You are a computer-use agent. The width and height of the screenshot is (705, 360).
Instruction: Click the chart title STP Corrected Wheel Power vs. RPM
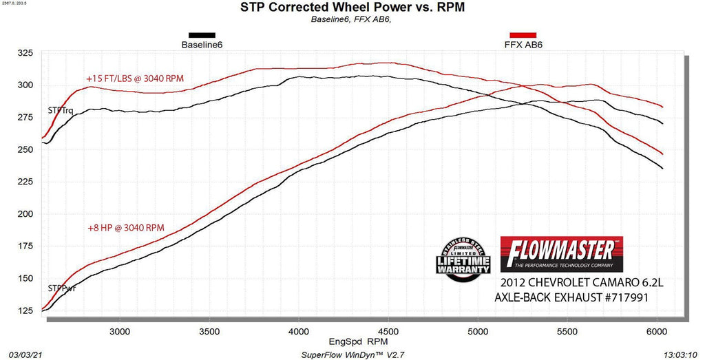(x=352, y=8)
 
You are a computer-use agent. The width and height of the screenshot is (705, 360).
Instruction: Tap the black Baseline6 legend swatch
(x=202, y=35)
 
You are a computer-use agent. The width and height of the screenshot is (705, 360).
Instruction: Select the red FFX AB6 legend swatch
(x=523, y=35)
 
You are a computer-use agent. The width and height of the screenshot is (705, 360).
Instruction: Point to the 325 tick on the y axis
(x=27, y=53)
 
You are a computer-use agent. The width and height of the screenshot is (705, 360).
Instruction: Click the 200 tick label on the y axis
(x=27, y=214)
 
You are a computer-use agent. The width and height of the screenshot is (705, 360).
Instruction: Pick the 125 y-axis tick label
(x=27, y=310)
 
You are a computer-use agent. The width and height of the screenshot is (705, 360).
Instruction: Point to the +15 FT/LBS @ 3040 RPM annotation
(x=135, y=78)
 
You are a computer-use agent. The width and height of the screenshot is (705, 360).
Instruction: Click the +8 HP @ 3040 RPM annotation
(x=125, y=227)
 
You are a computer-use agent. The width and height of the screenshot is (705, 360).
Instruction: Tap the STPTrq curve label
(x=61, y=110)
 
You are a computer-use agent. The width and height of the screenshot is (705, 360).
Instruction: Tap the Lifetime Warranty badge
(x=462, y=260)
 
